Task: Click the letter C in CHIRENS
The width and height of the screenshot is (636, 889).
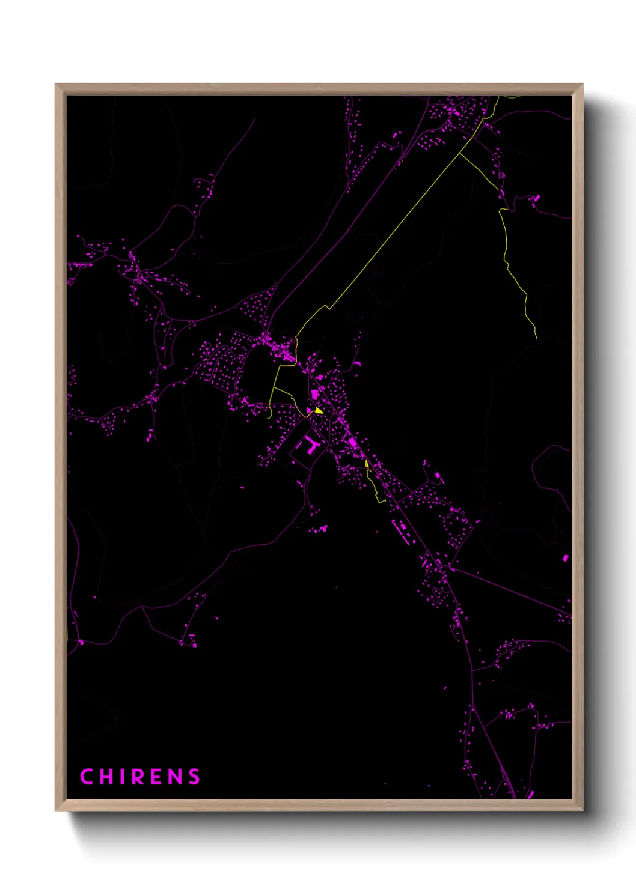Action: (87, 777)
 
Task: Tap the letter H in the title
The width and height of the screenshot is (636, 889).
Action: (106, 777)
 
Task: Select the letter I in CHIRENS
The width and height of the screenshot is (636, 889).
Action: (122, 777)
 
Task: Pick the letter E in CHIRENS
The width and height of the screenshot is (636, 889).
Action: (157, 777)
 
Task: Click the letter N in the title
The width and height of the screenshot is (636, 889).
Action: (175, 777)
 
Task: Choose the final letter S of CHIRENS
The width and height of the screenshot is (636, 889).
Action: (194, 777)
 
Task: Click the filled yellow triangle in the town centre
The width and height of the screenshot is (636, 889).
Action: (319, 411)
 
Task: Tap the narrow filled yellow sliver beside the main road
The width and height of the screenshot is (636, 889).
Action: (367, 464)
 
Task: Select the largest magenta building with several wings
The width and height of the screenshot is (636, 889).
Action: (310, 445)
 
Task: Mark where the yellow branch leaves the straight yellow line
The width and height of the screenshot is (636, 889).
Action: (460, 153)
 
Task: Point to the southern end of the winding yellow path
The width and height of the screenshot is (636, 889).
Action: (536, 338)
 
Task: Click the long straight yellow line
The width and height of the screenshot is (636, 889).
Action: (397, 228)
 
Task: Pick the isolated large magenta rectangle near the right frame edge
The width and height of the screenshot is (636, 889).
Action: (566, 558)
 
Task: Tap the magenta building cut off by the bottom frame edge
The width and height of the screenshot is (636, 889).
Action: (530, 795)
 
